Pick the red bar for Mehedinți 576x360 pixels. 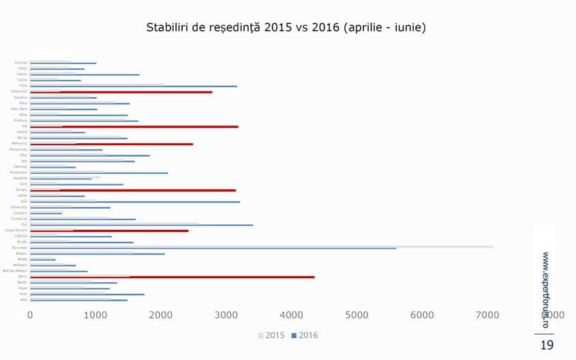coord(112,144)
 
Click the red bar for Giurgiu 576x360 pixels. coord(133,190)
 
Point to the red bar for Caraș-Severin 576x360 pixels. coord(109,230)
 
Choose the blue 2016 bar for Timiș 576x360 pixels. coord(134,87)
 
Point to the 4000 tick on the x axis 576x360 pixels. coord(292,315)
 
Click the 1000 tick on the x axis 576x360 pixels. coord(95,315)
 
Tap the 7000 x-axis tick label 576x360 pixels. coord(488,315)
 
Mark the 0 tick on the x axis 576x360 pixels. coord(30,315)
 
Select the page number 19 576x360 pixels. coord(547,346)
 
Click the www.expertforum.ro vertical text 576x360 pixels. coord(545,290)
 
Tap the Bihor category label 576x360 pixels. coord(23,277)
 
